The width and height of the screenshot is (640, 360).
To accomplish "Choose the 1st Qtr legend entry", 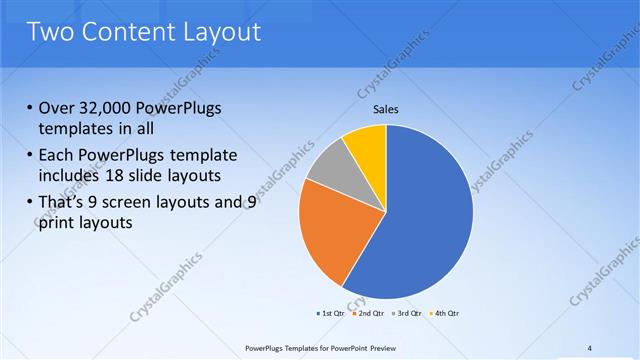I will click(332, 314).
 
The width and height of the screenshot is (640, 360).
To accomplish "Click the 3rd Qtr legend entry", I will click(408, 314).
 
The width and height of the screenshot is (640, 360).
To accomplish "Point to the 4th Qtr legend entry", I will click(444, 314).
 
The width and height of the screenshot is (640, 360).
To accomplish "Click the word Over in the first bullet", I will click(57, 109).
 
